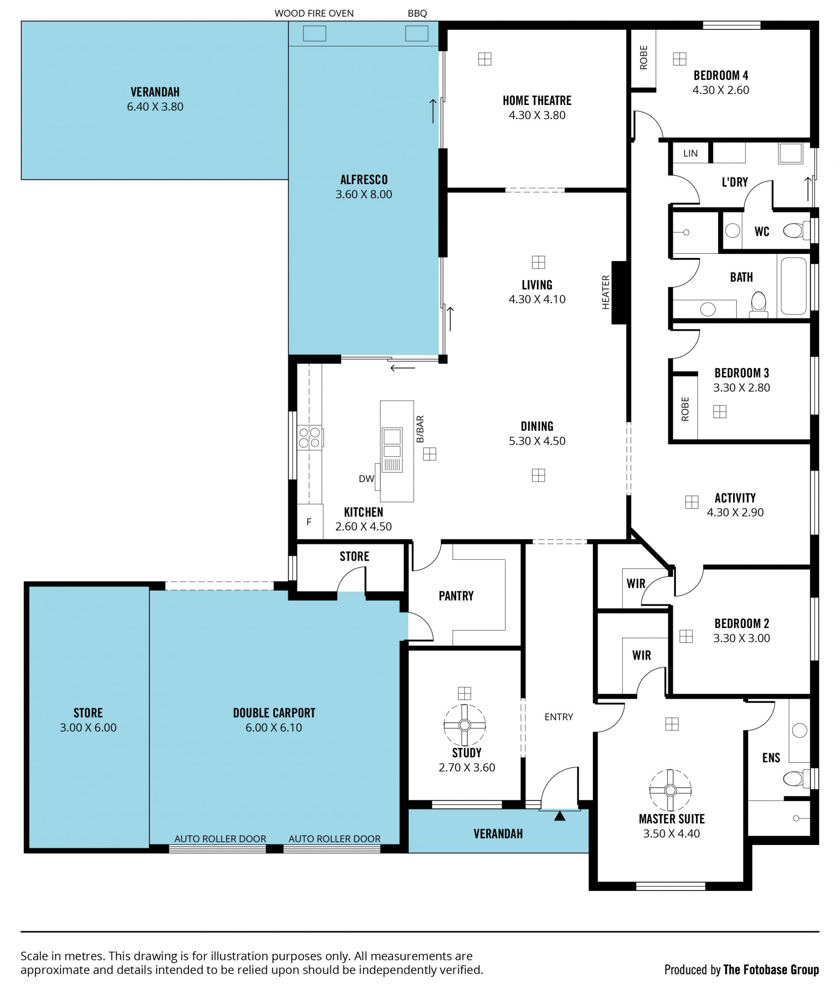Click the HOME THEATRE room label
pos(537,101)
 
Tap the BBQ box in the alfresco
pos(416,34)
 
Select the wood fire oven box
pos(314,34)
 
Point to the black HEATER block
pos(619,293)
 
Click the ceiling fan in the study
pos(464,725)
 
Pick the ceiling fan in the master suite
pos(671,790)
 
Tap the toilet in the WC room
pos(796,231)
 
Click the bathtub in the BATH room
pos(794,286)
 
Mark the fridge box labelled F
pos(309,522)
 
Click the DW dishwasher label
pos(366,479)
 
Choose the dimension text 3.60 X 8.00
pos(364,194)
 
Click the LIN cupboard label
pos(690,153)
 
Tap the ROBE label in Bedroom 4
pos(644,58)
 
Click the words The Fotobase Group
pos(771,970)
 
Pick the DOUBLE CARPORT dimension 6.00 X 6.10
pos(274,727)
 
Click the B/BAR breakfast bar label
pos(420,429)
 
